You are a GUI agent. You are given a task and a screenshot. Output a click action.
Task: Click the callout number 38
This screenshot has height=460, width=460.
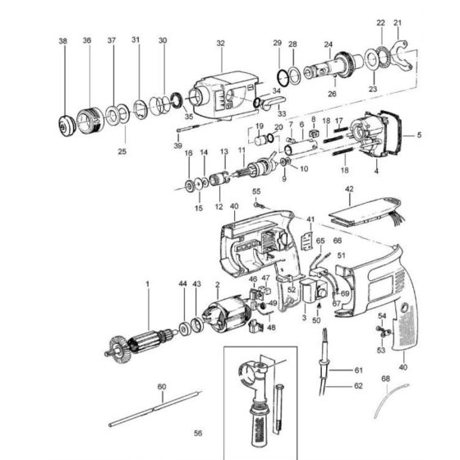pos(63,40)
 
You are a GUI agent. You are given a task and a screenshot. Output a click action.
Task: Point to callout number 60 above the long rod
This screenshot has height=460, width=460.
pos(162,386)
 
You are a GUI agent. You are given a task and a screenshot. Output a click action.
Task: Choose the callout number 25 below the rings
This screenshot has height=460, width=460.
pos(122,151)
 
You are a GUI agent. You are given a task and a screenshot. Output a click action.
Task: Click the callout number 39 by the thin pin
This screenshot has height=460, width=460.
pos(178,145)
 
